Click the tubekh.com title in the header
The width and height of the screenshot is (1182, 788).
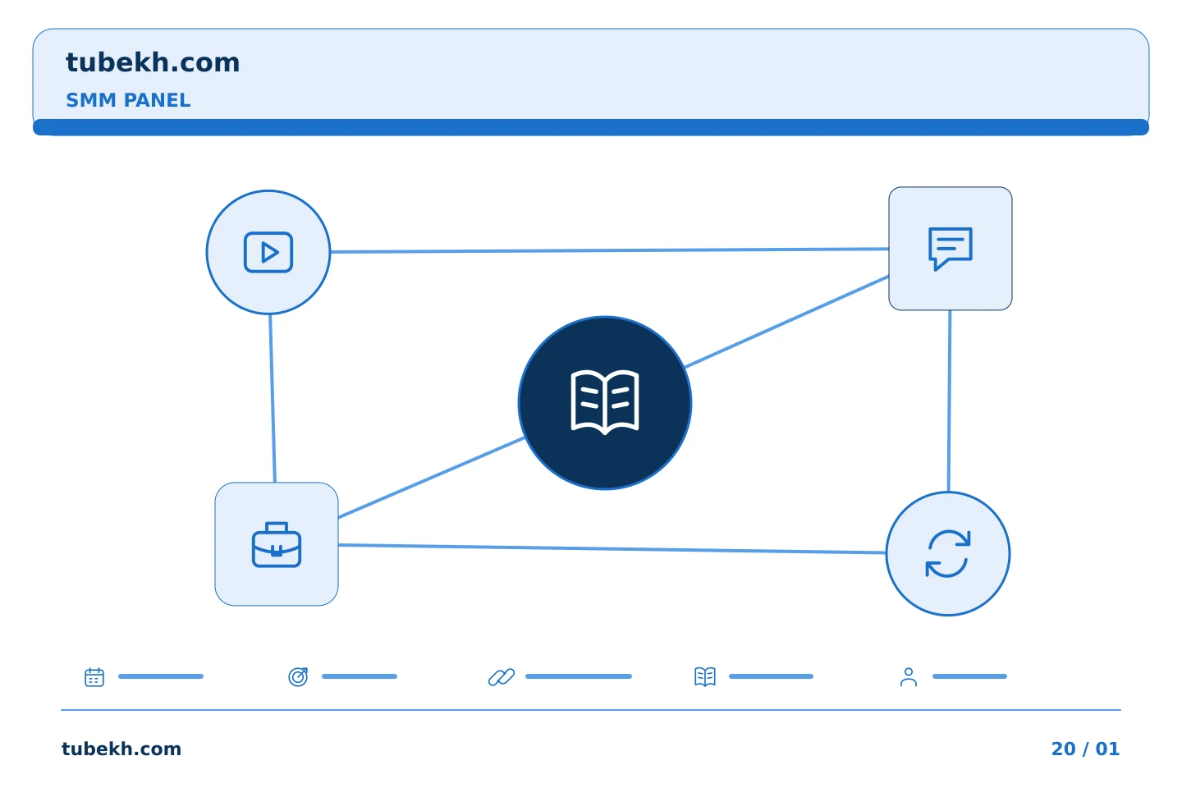153,63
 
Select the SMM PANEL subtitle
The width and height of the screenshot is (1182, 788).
128,100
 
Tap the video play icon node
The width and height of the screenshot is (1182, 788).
268,252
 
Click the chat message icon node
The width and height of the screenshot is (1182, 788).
951,249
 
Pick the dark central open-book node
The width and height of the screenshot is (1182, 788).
605,403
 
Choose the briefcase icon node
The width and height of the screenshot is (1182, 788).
277,544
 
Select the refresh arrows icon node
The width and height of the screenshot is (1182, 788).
948,554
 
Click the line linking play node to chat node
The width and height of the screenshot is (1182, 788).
609,250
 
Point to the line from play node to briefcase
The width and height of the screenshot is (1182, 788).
273,398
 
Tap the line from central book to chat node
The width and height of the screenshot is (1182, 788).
786,322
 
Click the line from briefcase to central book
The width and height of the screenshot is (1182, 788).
431,477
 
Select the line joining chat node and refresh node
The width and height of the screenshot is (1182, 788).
949,401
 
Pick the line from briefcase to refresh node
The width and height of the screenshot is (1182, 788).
612,548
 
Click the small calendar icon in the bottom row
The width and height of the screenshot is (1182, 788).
94,676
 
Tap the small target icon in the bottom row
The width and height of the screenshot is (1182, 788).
298,676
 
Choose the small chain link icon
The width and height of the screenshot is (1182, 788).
502,676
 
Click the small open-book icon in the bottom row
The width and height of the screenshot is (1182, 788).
705,676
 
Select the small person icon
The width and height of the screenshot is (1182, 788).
909,676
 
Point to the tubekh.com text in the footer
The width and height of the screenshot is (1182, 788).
121,749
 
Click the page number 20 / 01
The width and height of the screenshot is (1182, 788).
1085,749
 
